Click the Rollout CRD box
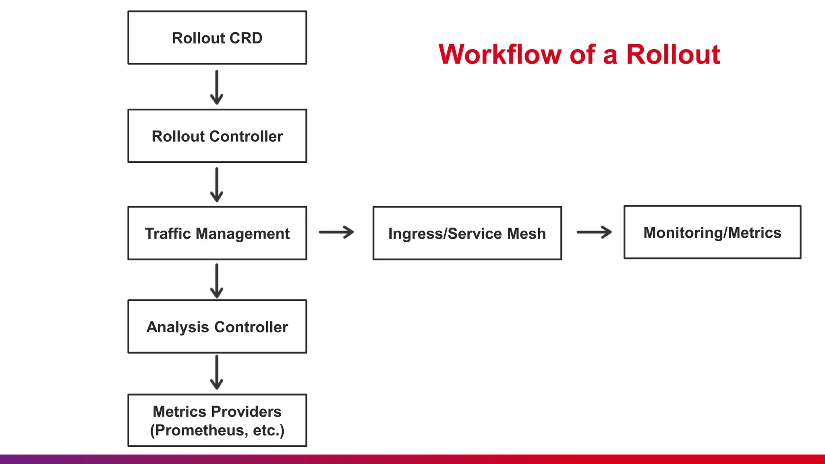217,37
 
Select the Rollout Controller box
217,136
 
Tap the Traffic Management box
217,233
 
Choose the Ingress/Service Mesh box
467,233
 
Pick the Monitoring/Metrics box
712,232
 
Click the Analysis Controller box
217,327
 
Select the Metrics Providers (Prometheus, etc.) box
217,420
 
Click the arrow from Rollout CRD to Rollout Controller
217,87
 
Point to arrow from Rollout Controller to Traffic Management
217,185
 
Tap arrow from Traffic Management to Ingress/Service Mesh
336,232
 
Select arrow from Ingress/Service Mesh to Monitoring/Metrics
594,232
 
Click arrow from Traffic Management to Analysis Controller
217,281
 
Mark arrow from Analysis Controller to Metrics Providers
217,372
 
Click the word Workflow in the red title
500,54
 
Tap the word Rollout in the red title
673,54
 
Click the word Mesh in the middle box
527,234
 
